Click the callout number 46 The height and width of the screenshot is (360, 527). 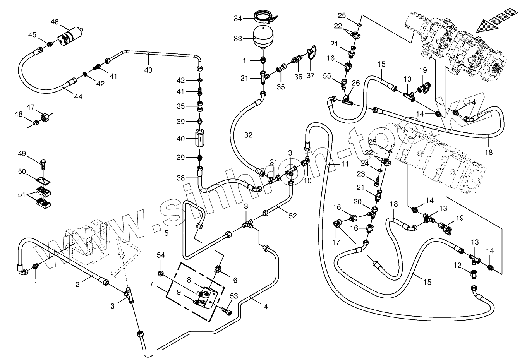click(x=54, y=22)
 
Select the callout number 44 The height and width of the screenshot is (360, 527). click(x=79, y=96)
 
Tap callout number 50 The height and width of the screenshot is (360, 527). click(x=22, y=171)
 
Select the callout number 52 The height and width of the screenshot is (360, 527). click(x=293, y=216)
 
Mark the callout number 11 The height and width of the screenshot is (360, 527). click(x=345, y=164)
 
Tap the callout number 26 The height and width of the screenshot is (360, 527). click(x=355, y=82)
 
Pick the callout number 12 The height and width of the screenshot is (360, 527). click(x=458, y=266)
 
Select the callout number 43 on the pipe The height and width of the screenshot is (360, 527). click(x=148, y=70)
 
